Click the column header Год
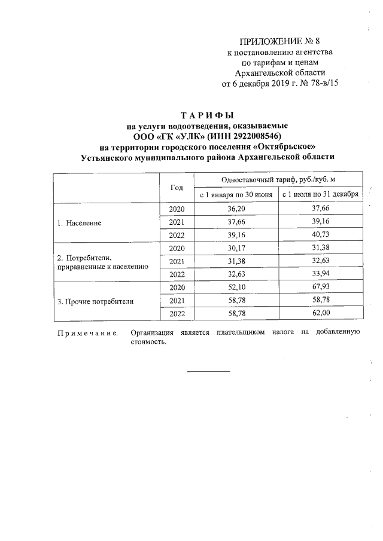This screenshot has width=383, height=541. (177, 187)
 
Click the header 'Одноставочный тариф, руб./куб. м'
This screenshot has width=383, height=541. (278, 179)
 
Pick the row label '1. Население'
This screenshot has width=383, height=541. (79, 222)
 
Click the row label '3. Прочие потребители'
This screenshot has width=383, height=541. (95, 301)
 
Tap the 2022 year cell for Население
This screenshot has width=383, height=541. (177, 235)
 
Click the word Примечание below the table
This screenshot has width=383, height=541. (87, 332)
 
